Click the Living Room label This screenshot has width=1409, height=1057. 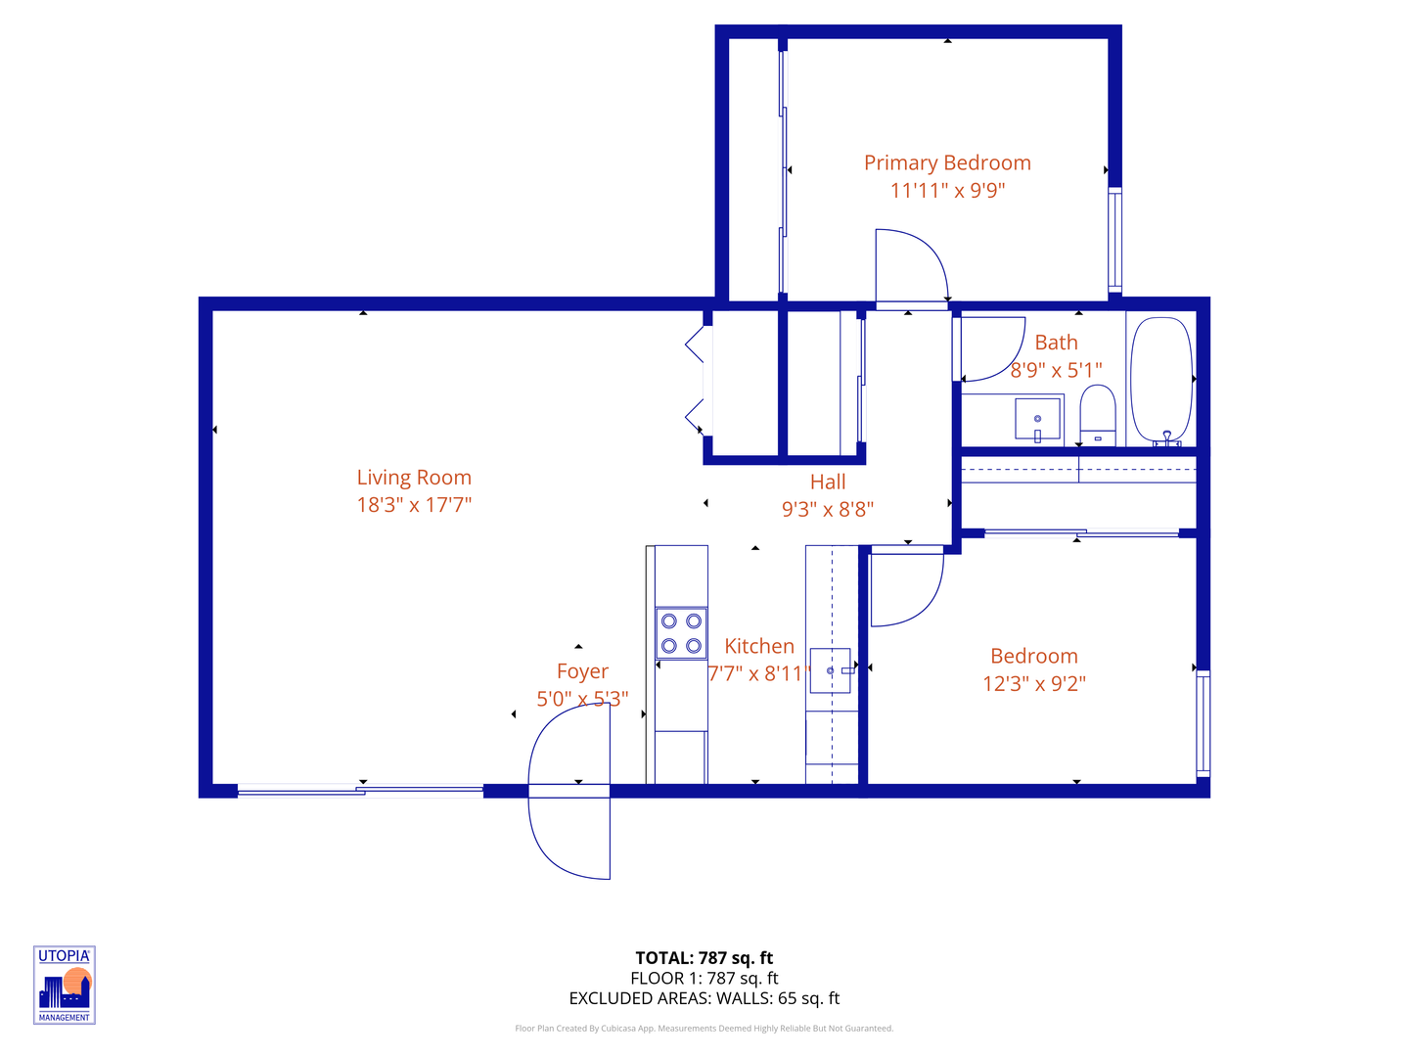414,478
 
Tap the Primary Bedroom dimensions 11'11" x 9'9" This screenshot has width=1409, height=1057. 947,191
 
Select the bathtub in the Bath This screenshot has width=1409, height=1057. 1161,381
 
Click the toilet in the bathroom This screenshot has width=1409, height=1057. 1098,415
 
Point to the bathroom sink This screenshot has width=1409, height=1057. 1038,419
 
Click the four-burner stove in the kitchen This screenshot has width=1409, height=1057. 681,633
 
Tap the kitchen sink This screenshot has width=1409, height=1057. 830,670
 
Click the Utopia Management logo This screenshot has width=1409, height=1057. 65,985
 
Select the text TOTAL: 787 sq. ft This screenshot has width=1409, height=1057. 704,958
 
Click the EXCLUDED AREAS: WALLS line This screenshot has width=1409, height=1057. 704,998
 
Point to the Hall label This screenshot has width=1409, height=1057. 828,483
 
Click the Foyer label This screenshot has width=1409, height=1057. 582,671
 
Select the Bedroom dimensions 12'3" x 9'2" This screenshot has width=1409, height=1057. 1034,683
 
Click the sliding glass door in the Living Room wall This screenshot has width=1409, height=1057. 360,791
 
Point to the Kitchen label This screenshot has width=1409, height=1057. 759,646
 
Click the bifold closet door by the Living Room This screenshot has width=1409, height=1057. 696,382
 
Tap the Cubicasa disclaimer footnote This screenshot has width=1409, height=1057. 704,1029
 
